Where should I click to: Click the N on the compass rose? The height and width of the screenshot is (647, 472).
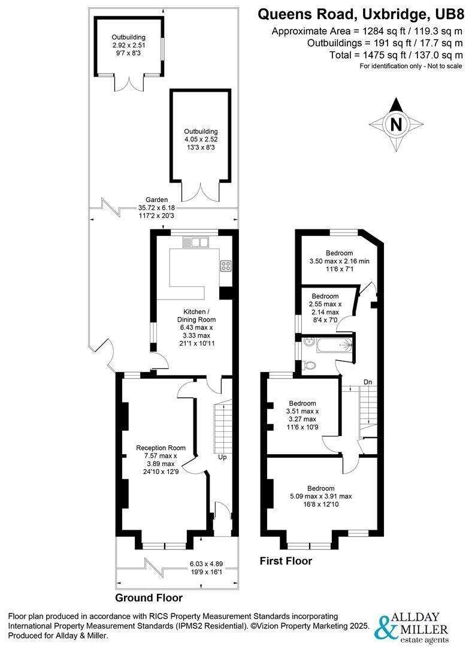coord(396,124)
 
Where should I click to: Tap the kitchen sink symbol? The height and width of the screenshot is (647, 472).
coord(196,242)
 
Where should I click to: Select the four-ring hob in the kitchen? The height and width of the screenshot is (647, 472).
coord(226,266)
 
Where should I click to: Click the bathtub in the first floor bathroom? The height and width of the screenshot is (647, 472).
coord(334,345)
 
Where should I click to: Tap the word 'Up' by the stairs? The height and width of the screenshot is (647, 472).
coord(222,457)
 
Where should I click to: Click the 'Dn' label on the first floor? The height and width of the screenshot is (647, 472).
coord(368,382)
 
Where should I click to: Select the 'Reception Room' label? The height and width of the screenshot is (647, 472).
coord(161,448)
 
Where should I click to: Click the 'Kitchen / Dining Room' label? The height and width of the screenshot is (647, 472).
coord(196,315)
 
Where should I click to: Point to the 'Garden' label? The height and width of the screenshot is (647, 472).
coord(156,199)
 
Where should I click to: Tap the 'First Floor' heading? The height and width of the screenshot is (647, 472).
coord(286,561)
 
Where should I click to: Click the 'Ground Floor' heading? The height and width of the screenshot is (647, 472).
coord(149,597)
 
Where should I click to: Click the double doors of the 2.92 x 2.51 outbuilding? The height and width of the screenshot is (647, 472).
coord(129,83)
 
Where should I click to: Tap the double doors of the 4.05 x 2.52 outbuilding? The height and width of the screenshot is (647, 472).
coord(201,192)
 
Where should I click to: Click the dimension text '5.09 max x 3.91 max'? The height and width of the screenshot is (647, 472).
coord(320,497)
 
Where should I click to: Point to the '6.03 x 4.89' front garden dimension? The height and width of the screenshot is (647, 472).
coord(206,564)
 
